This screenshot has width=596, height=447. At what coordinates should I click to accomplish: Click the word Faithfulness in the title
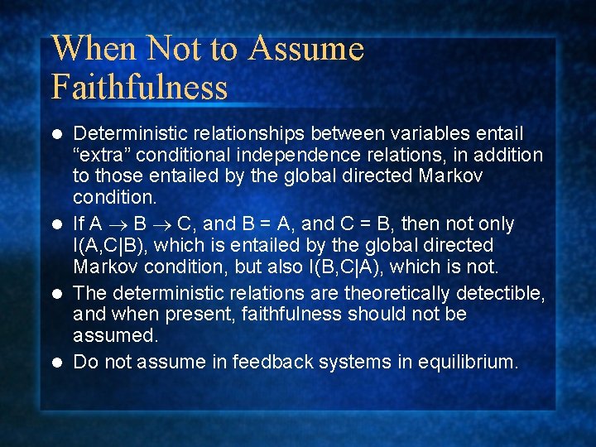tap(139, 86)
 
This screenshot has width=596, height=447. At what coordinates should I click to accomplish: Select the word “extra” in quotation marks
tap(103, 155)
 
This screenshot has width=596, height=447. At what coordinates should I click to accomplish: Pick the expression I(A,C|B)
tap(115, 246)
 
